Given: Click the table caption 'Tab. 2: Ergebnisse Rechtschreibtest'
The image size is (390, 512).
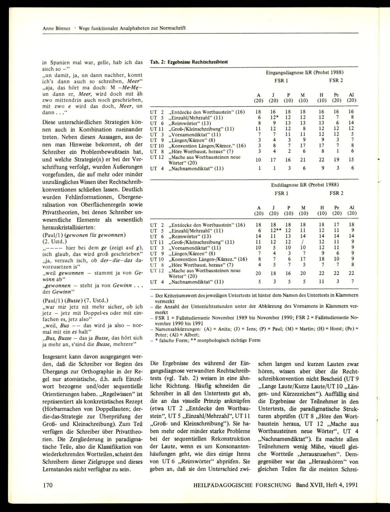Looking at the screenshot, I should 189,62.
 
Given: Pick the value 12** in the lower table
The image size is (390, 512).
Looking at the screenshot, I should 275,230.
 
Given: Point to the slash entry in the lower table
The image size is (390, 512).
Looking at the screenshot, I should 303,242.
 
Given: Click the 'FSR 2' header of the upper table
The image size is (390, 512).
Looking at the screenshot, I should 336,81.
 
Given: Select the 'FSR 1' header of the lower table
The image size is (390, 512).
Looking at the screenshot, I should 281,193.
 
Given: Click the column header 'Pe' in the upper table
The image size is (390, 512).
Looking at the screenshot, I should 337,95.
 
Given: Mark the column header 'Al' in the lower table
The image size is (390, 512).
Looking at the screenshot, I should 352,207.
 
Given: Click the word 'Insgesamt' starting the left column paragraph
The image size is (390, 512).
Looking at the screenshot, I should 56,356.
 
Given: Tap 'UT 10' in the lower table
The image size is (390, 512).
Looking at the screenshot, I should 156,259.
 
